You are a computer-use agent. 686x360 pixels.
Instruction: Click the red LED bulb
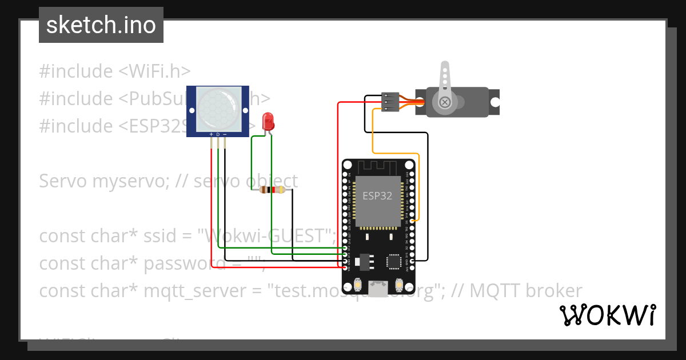tap(268, 121)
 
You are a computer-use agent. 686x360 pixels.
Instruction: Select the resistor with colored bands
tap(272, 190)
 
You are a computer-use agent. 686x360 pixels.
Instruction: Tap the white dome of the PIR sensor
tap(218, 109)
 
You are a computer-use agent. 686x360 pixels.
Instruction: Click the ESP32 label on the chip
tap(377, 195)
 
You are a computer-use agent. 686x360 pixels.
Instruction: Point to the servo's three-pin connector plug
tap(389, 102)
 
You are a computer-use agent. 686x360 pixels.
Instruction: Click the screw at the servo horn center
tap(445, 102)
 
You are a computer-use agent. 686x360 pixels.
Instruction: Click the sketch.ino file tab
tap(101, 25)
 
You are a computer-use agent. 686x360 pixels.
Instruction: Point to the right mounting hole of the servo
tap(496, 102)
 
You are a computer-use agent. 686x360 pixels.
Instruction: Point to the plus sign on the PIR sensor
tap(212, 135)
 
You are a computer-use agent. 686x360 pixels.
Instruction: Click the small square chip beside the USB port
tap(394, 261)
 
